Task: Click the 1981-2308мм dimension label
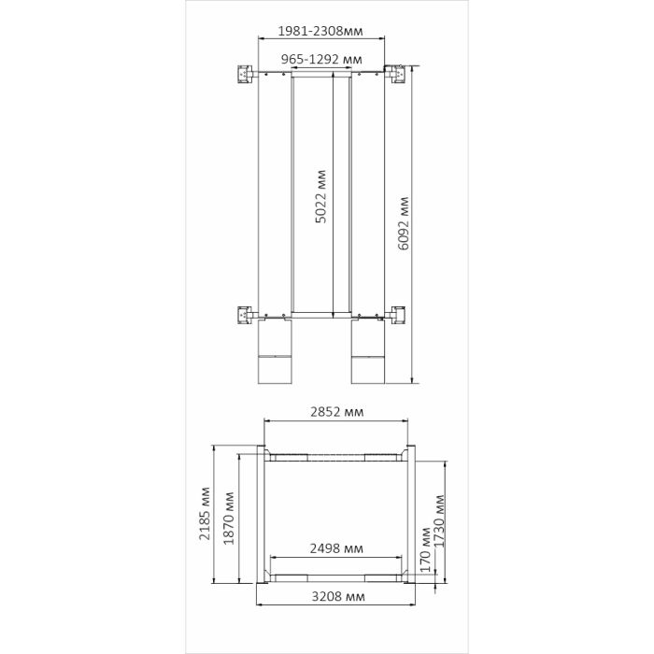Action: click(320, 31)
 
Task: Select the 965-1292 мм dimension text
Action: click(321, 59)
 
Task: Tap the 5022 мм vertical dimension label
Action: click(320, 196)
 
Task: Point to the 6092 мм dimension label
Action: click(404, 223)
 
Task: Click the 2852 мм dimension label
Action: click(336, 412)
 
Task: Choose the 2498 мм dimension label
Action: click(336, 548)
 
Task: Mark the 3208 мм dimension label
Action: click(338, 596)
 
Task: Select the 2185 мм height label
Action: click(205, 514)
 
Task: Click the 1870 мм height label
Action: click(229, 519)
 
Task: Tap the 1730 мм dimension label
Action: click(440, 521)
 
